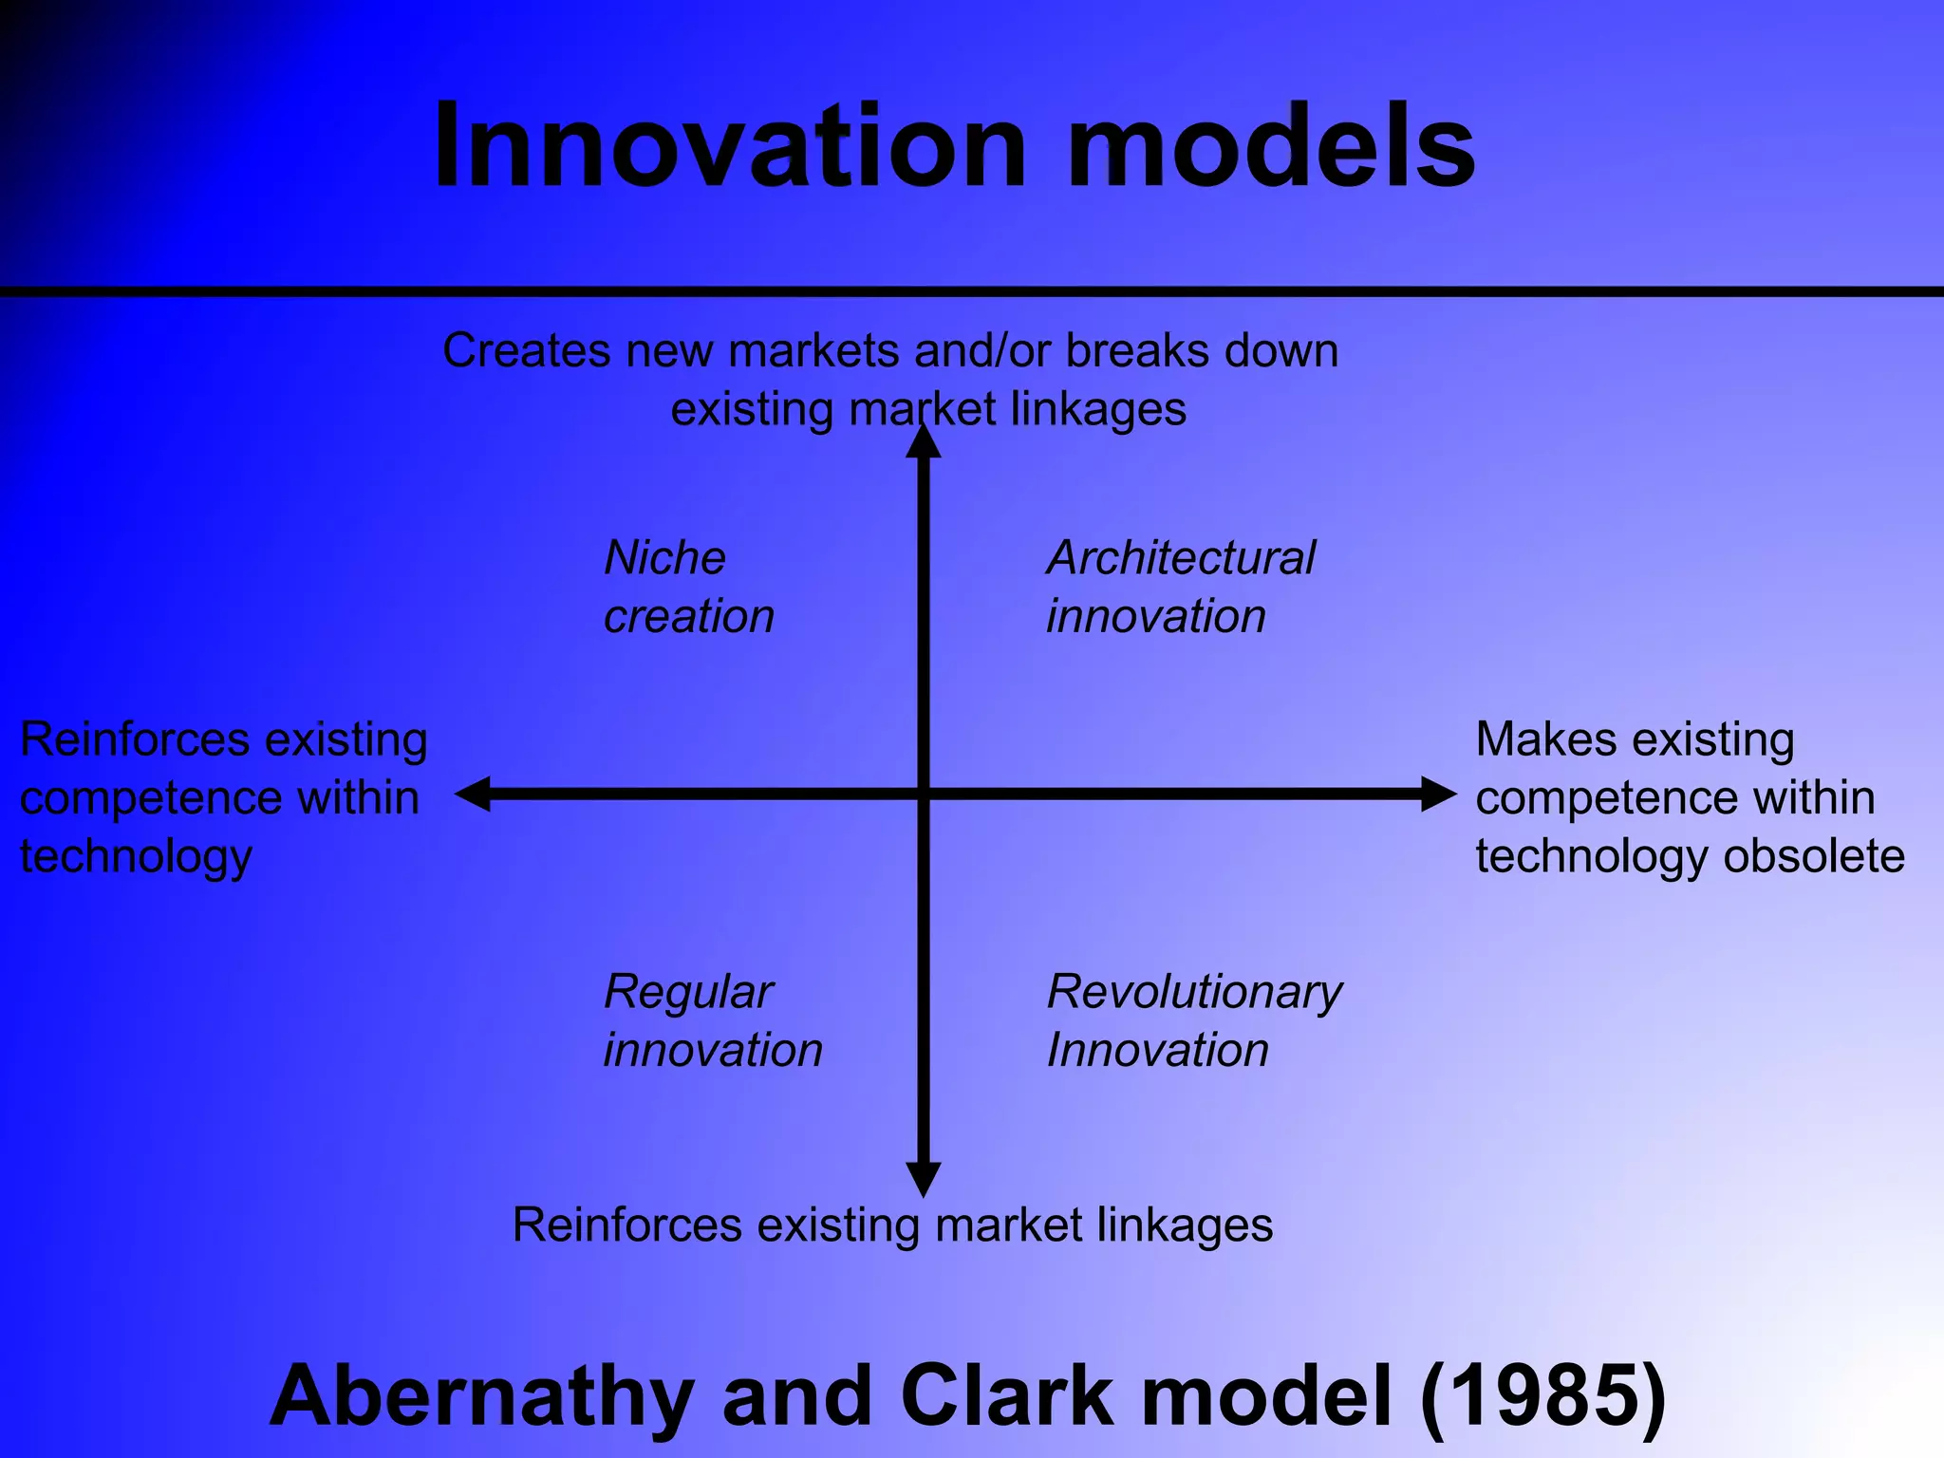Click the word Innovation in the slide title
729,147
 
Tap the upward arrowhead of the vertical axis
923,442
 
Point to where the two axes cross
923,794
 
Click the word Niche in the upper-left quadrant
664,557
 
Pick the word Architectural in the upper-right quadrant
1181,557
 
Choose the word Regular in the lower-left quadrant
688,993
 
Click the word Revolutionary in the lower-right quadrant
1194,993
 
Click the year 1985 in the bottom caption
1543,1395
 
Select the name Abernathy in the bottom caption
482,1395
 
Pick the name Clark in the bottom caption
1006,1395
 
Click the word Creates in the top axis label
526,350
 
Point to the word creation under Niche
689,617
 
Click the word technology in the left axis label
136,857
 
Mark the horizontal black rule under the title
972,291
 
